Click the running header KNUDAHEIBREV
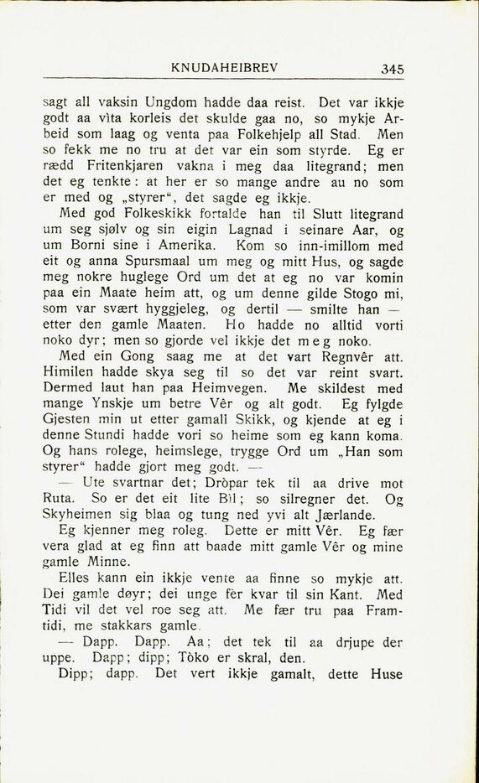(224, 67)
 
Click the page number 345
(392, 69)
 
